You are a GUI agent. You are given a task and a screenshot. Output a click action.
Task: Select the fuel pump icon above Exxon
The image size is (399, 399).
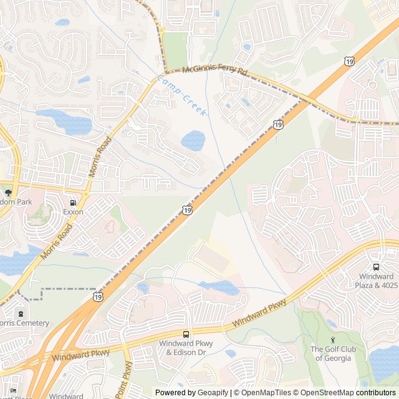pos(74,202)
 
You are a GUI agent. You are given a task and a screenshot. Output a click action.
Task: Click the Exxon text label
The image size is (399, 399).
pos(73,212)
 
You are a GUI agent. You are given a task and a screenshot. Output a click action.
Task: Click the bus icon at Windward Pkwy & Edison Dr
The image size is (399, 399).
pos(186,334)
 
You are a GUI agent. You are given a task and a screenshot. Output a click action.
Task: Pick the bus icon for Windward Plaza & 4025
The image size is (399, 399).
pos(376,267)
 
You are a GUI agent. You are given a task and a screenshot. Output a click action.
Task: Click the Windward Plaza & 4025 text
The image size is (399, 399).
pos(377,281)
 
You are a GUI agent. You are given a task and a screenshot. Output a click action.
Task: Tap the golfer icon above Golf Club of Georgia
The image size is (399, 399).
pos(333,340)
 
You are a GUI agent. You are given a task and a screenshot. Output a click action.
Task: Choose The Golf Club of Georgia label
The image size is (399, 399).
pos(333,353)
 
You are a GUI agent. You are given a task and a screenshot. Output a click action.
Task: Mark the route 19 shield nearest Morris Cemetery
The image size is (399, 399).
pos(98,297)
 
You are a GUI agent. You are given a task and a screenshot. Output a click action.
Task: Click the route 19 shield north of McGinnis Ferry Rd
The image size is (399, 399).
pos(349,60)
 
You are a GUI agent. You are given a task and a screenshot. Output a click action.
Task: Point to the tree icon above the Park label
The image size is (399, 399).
pos(8,193)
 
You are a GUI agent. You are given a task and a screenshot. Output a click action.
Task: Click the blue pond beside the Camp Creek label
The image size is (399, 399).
pos(193,140)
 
